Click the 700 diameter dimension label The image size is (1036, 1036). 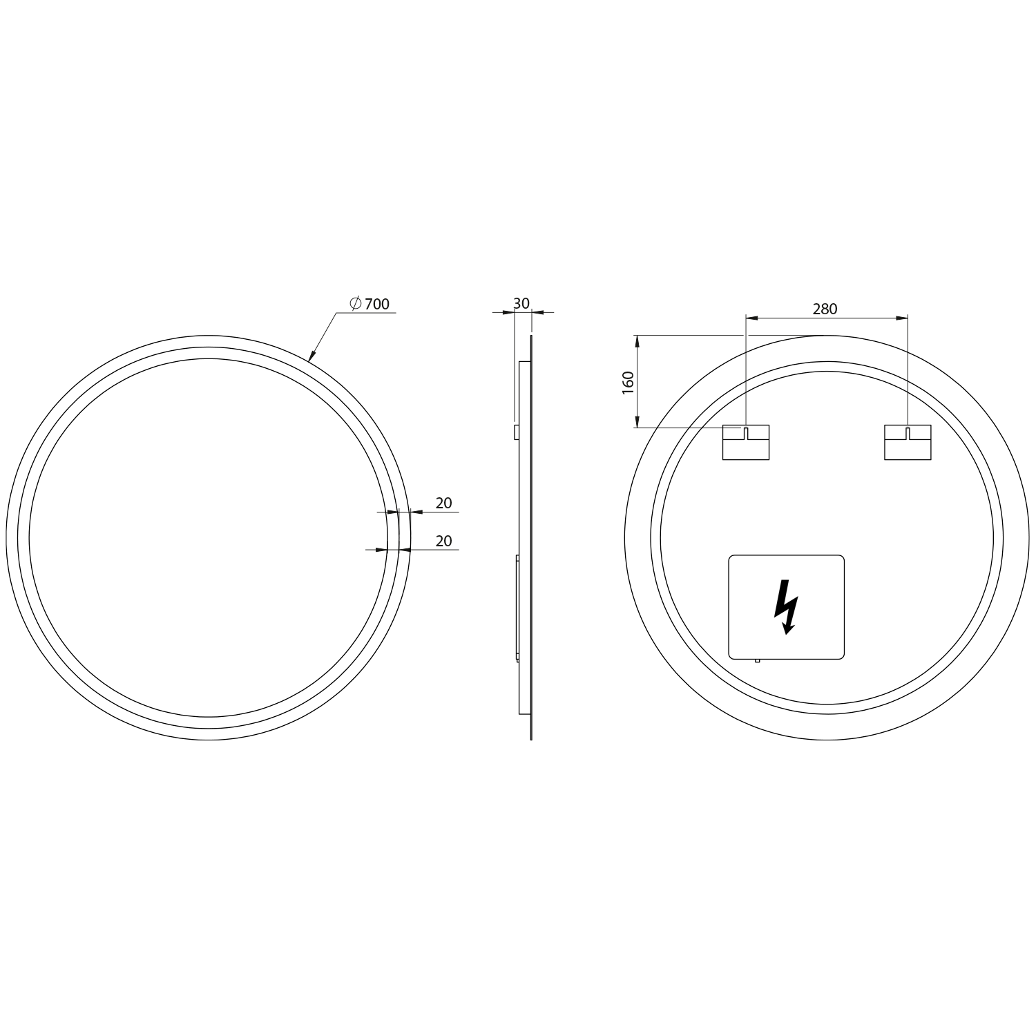(377, 304)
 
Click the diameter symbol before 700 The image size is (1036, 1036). (356, 303)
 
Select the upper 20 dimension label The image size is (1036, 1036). (444, 503)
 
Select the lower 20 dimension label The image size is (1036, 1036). (444, 541)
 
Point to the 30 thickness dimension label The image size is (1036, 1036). (521, 303)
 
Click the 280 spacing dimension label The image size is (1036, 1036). (825, 309)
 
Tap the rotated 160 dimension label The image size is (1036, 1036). (628, 383)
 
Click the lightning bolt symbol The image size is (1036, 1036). (785, 606)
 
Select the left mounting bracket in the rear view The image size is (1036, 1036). (745, 442)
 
